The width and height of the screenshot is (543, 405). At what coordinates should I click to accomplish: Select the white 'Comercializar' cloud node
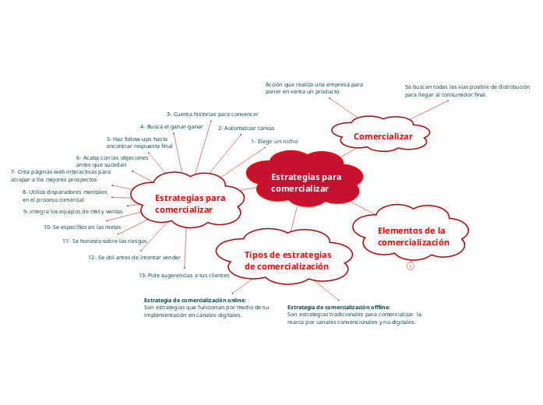(383, 136)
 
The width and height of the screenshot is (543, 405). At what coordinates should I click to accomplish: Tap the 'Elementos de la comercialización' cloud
(413, 236)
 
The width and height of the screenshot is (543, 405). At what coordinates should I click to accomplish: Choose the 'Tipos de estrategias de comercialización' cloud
(287, 260)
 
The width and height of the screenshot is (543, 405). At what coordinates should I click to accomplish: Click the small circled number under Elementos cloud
(410, 266)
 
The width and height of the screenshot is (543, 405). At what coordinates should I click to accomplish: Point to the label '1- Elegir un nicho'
(273, 141)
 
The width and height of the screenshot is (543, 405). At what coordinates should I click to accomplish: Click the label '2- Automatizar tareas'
(245, 128)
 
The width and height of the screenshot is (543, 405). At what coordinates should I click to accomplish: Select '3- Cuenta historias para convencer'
(213, 114)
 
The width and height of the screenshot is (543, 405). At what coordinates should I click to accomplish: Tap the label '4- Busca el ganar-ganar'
(171, 126)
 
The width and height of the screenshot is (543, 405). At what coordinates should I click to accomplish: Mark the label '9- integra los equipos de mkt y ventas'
(72, 211)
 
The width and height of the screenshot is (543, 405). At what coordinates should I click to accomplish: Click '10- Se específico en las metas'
(82, 227)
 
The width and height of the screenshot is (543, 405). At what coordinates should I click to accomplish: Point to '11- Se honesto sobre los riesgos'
(104, 241)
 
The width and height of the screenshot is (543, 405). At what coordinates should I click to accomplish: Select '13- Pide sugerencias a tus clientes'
(184, 276)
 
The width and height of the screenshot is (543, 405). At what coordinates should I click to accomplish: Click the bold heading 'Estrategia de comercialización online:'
(195, 300)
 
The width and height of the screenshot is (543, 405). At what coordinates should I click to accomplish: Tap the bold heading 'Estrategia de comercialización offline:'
(339, 307)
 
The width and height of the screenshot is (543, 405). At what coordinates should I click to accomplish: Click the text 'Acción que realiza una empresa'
(314, 83)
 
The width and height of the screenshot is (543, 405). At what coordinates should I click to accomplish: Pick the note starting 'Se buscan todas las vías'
(467, 87)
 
